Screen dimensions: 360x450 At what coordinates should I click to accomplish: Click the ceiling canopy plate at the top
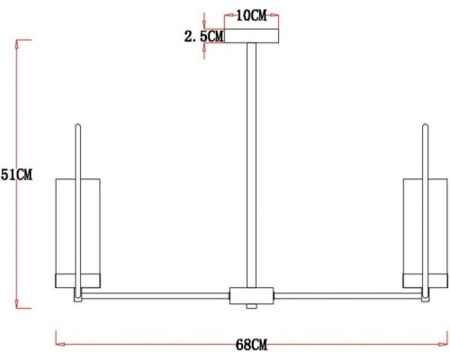click(252, 37)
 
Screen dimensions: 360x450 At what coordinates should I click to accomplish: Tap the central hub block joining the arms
click(252, 295)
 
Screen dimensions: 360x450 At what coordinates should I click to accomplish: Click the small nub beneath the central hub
click(252, 307)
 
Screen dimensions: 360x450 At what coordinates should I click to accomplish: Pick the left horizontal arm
click(157, 293)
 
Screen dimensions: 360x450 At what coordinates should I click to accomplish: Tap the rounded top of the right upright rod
click(426, 126)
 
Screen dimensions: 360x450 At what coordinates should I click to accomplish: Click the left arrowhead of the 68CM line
click(59, 339)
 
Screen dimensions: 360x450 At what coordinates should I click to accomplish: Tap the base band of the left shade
click(81, 277)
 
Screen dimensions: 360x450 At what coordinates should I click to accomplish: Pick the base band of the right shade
click(423, 277)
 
